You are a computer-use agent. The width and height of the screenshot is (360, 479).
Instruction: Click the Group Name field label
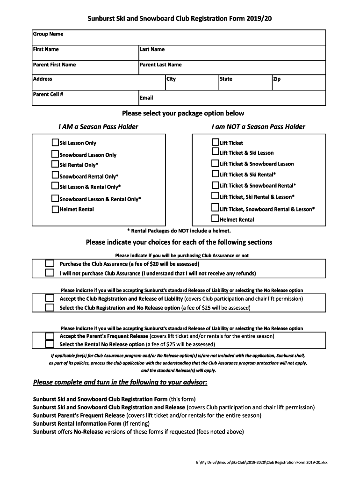[48, 34]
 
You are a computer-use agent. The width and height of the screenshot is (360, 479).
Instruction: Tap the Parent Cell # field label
[48, 94]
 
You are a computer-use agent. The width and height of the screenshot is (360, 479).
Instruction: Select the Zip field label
[277, 79]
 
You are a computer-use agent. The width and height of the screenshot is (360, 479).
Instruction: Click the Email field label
[146, 98]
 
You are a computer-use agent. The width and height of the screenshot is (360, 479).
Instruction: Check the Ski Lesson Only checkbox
[55, 143]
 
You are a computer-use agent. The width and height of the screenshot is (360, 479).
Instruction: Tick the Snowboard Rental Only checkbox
[55, 176]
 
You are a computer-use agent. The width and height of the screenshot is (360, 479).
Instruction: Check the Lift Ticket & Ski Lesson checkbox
[215, 152]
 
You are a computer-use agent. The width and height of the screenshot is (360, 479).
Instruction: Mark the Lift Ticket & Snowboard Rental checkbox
[215, 185]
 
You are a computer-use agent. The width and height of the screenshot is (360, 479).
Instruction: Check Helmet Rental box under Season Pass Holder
[55, 209]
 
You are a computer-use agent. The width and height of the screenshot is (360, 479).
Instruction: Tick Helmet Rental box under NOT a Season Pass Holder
[215, 219]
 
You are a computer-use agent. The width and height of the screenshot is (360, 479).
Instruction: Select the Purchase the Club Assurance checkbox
[50, 263]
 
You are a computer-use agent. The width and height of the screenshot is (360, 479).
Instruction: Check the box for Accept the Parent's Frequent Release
[50, 336]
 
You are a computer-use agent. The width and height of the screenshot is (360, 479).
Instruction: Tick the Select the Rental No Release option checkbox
[50, 345]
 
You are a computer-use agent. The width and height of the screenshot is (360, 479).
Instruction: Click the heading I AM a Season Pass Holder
[98, 127]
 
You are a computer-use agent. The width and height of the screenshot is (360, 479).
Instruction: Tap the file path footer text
[262, 462]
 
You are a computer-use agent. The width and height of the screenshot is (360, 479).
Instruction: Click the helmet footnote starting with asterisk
[179, 231]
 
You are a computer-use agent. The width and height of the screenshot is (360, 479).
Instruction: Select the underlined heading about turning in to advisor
[120, 383]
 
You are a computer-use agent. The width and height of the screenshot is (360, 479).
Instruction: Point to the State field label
[226, 79]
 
